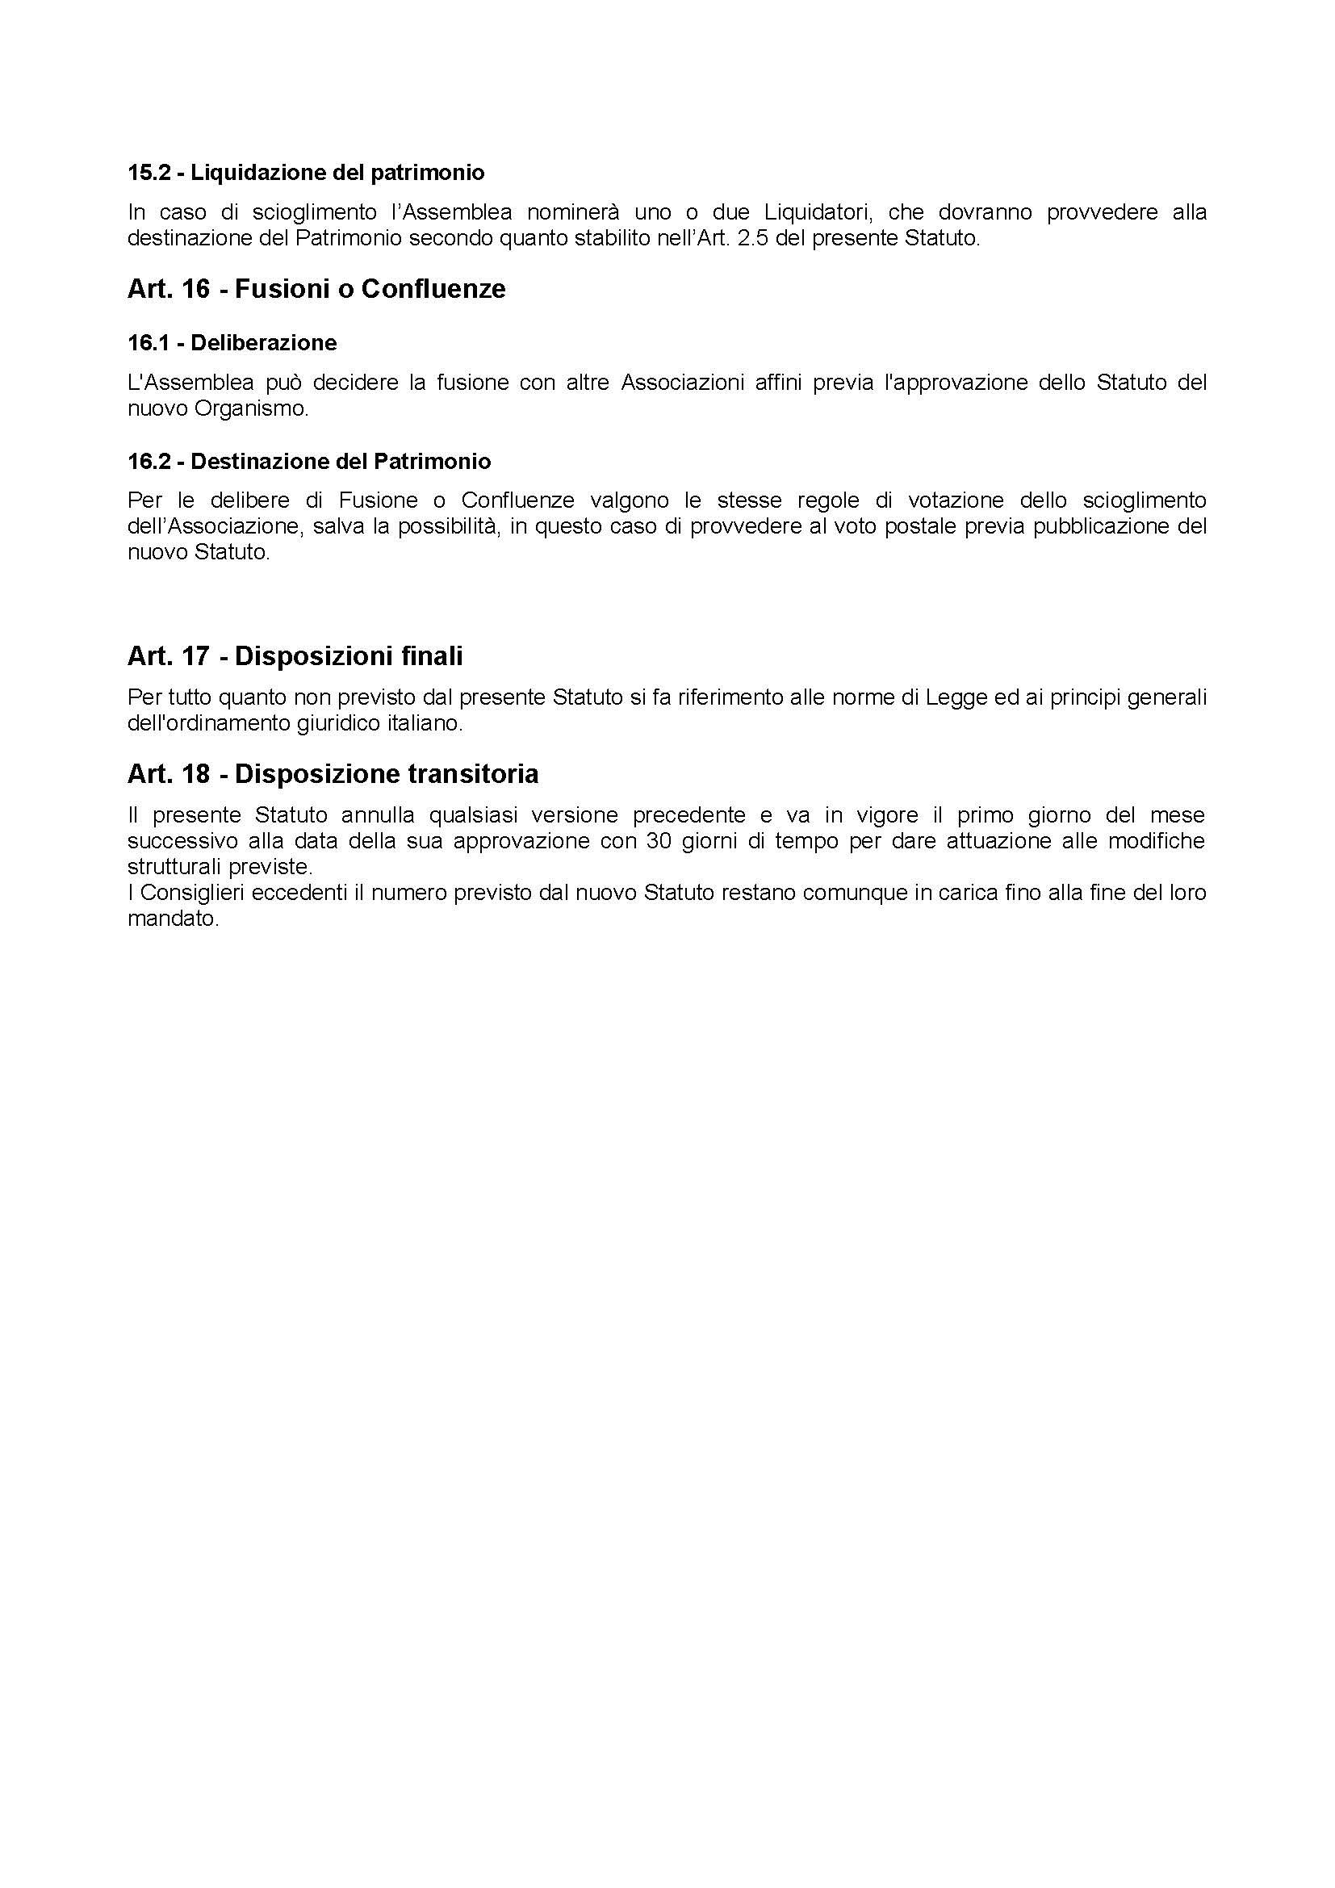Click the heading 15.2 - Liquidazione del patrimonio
click(306, 173)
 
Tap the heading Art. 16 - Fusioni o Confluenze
click(316, 290)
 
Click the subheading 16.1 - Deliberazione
click(232, 343)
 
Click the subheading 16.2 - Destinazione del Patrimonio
click(309, 462)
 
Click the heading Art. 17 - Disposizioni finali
click(295, 656)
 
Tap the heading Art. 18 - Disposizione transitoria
click(333, 774)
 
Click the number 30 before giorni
click(660, 841)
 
